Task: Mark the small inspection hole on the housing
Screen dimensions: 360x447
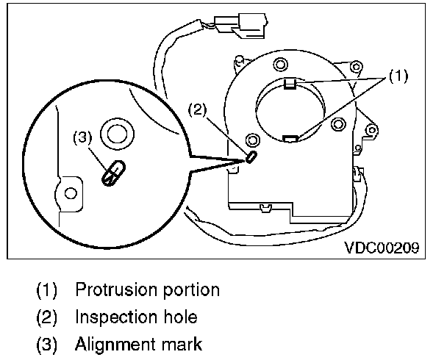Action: [x=251, y=156]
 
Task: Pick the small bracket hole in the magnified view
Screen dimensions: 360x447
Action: [x=71, y=192]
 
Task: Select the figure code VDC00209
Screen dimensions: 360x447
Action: [x=382, y=248]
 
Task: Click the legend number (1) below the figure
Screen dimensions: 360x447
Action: [x=47, y=289]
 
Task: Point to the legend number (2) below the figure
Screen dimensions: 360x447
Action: [x=47, y=317]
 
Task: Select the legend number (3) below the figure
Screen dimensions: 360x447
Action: [x=47, y=345]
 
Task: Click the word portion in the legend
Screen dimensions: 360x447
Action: [x=190, y=289]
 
